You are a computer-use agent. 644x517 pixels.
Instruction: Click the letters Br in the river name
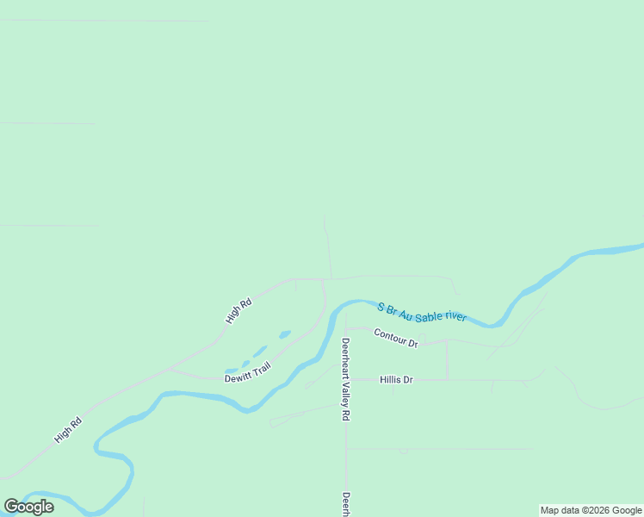pos(392,308)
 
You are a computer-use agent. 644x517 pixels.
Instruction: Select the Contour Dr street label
pos(396,337)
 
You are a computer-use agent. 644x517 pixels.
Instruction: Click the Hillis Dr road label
pos(397,379)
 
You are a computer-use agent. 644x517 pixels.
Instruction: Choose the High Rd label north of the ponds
pos(238,310)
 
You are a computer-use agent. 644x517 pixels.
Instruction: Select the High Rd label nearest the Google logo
pos(67,429)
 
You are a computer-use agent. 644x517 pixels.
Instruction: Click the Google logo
pos(29,507)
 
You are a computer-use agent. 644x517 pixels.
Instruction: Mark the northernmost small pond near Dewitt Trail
pos(285,333)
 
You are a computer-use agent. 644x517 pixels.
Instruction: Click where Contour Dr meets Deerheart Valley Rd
pos(346,328)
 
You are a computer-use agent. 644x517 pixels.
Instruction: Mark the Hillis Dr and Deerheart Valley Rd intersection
pos(346,379)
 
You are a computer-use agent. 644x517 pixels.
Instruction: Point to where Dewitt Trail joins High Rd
pos(170,369)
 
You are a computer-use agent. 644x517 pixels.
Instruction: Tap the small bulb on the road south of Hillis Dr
pos(403,450)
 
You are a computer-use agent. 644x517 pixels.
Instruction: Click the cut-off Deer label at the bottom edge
pos(346,504)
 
